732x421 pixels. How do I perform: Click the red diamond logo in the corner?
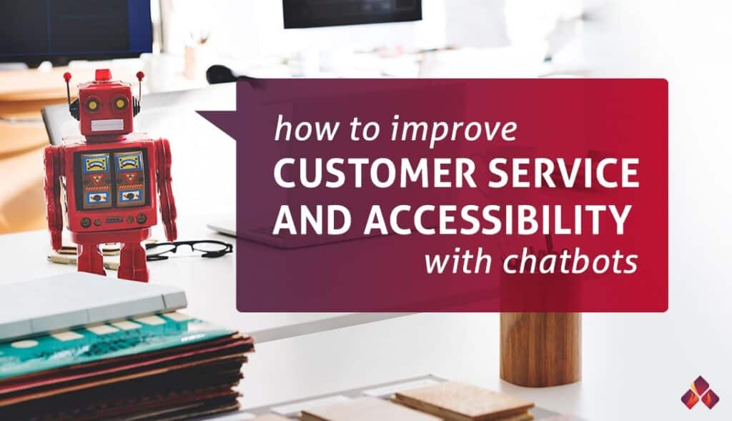tap(700, 392)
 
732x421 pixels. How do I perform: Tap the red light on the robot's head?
tap(103, 74)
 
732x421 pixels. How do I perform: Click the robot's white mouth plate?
tap(107, 124)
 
